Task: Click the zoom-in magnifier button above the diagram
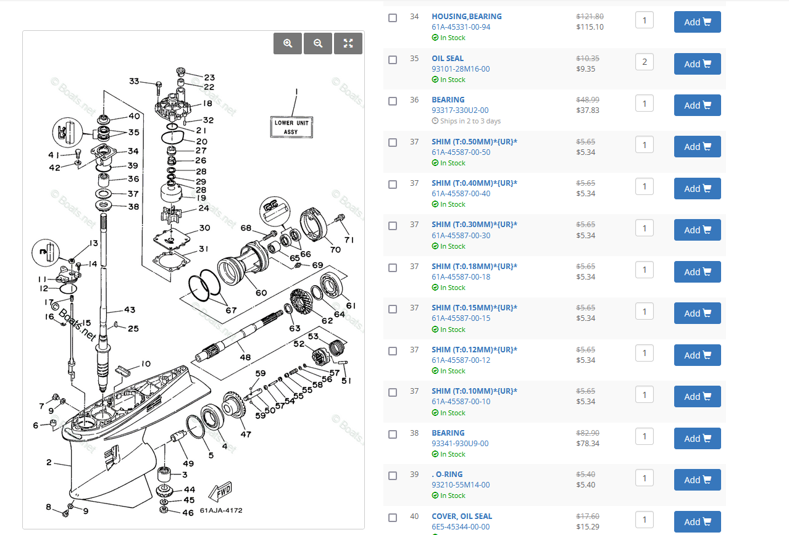coord(288,43)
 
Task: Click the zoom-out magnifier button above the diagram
coord(318,43)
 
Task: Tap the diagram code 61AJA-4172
coord(221,510)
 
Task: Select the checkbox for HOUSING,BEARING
coord(393,18)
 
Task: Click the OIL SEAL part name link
coord(448,59)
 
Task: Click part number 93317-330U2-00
coord(460,110)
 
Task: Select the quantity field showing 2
coord(644,62)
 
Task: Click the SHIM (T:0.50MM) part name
coord(474,142)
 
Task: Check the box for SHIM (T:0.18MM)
coord(393,268)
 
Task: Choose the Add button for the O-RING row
coord(697,480)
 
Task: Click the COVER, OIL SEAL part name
coord(462,516)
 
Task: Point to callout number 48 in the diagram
coord(245,357)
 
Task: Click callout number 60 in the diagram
coord(261,292)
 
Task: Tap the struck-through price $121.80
coord(590,17)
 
